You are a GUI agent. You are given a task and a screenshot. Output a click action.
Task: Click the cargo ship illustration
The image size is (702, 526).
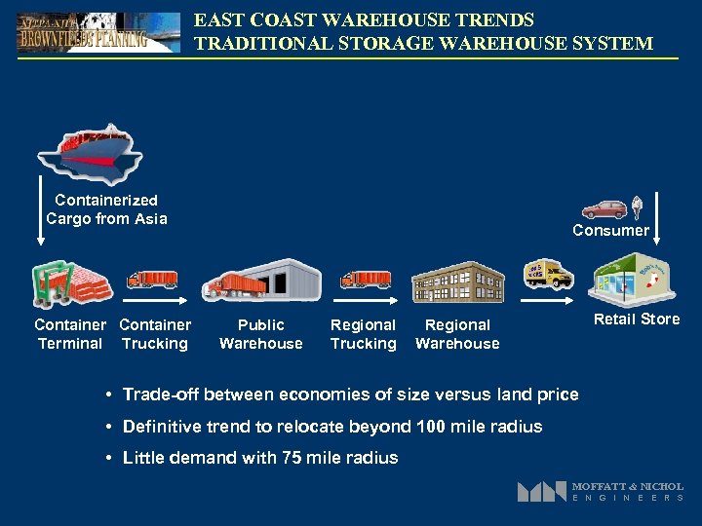(x=90, y=153)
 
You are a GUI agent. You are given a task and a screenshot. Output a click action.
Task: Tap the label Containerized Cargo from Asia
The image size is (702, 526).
(x=106, y=209)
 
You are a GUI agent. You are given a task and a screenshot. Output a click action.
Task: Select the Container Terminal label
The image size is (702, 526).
(x=69, y=334)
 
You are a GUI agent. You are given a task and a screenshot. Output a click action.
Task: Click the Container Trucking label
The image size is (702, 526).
(x=155, y=334)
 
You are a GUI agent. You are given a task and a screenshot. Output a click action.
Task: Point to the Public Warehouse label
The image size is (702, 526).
(x=261, y=334)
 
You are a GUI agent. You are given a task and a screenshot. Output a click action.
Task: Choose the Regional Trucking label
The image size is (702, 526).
(x=363, y=334)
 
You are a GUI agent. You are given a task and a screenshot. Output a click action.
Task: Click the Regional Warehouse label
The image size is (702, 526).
(x=457, y=334)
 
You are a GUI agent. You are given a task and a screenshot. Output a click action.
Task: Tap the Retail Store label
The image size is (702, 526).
(x=637, y=319)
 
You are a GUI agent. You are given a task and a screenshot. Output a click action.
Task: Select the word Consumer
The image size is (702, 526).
(x=610, y=231)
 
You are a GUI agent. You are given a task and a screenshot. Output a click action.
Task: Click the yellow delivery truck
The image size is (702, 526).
(x=549, y=275)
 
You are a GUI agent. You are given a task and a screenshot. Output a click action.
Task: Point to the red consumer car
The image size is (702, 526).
(x=604, y=209)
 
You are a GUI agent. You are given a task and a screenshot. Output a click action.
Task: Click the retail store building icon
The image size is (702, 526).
(x=634, y=279)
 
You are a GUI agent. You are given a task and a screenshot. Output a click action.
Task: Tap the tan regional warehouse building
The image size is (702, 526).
(x=457, y=282)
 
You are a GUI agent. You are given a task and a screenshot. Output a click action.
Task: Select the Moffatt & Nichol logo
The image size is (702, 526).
(x=600, y=491)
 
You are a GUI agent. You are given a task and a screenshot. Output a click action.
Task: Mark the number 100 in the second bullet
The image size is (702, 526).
(x=430, y=427)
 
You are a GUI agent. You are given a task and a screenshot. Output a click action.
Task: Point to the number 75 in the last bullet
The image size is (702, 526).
(x=317, y=458)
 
